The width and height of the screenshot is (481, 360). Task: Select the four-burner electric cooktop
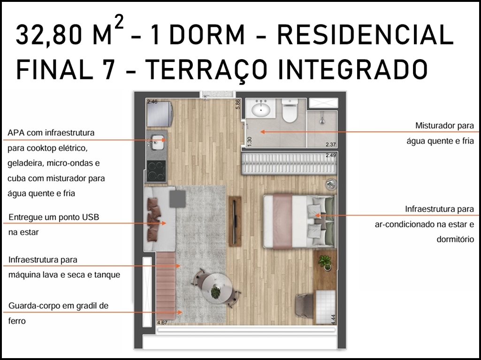(x=156, y=171)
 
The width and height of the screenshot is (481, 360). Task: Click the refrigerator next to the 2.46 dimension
(x=160, y=114)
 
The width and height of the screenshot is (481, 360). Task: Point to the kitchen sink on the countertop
(x=158, y=142)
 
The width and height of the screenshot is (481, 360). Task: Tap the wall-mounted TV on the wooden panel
(x=235, y=221)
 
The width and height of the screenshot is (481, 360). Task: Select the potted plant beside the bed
(x=325, y=263)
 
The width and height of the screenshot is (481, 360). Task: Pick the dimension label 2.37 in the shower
(x=331, y=145)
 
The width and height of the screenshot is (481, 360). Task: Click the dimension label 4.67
(x=162, y=322)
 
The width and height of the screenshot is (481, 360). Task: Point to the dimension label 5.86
(x=238, y=104)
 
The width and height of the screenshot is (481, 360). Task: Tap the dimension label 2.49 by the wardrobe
(x=331, y=155)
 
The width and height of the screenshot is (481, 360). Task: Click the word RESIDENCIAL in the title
(x=365, y=34)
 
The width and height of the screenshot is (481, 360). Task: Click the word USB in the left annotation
(x=90, y=217)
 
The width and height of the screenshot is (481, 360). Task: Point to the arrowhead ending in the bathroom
(x=263, y=132)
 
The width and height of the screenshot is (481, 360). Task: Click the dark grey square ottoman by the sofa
(x=177, y=199)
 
